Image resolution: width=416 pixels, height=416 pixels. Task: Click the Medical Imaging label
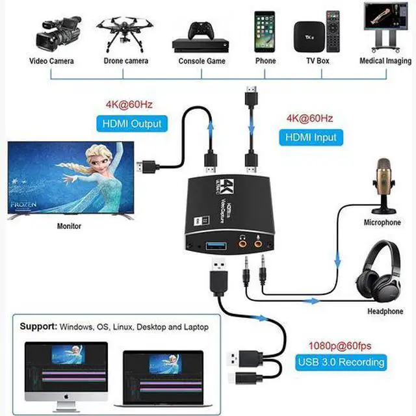point(385,61)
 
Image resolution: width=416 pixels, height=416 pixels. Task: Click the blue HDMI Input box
point(311,137)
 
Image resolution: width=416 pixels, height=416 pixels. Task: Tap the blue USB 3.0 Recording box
point(340,362)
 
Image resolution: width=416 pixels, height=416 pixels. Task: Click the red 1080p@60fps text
point(340,346)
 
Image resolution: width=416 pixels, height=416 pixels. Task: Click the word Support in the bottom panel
point(38,327)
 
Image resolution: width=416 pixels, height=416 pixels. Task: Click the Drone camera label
point(126,61)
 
